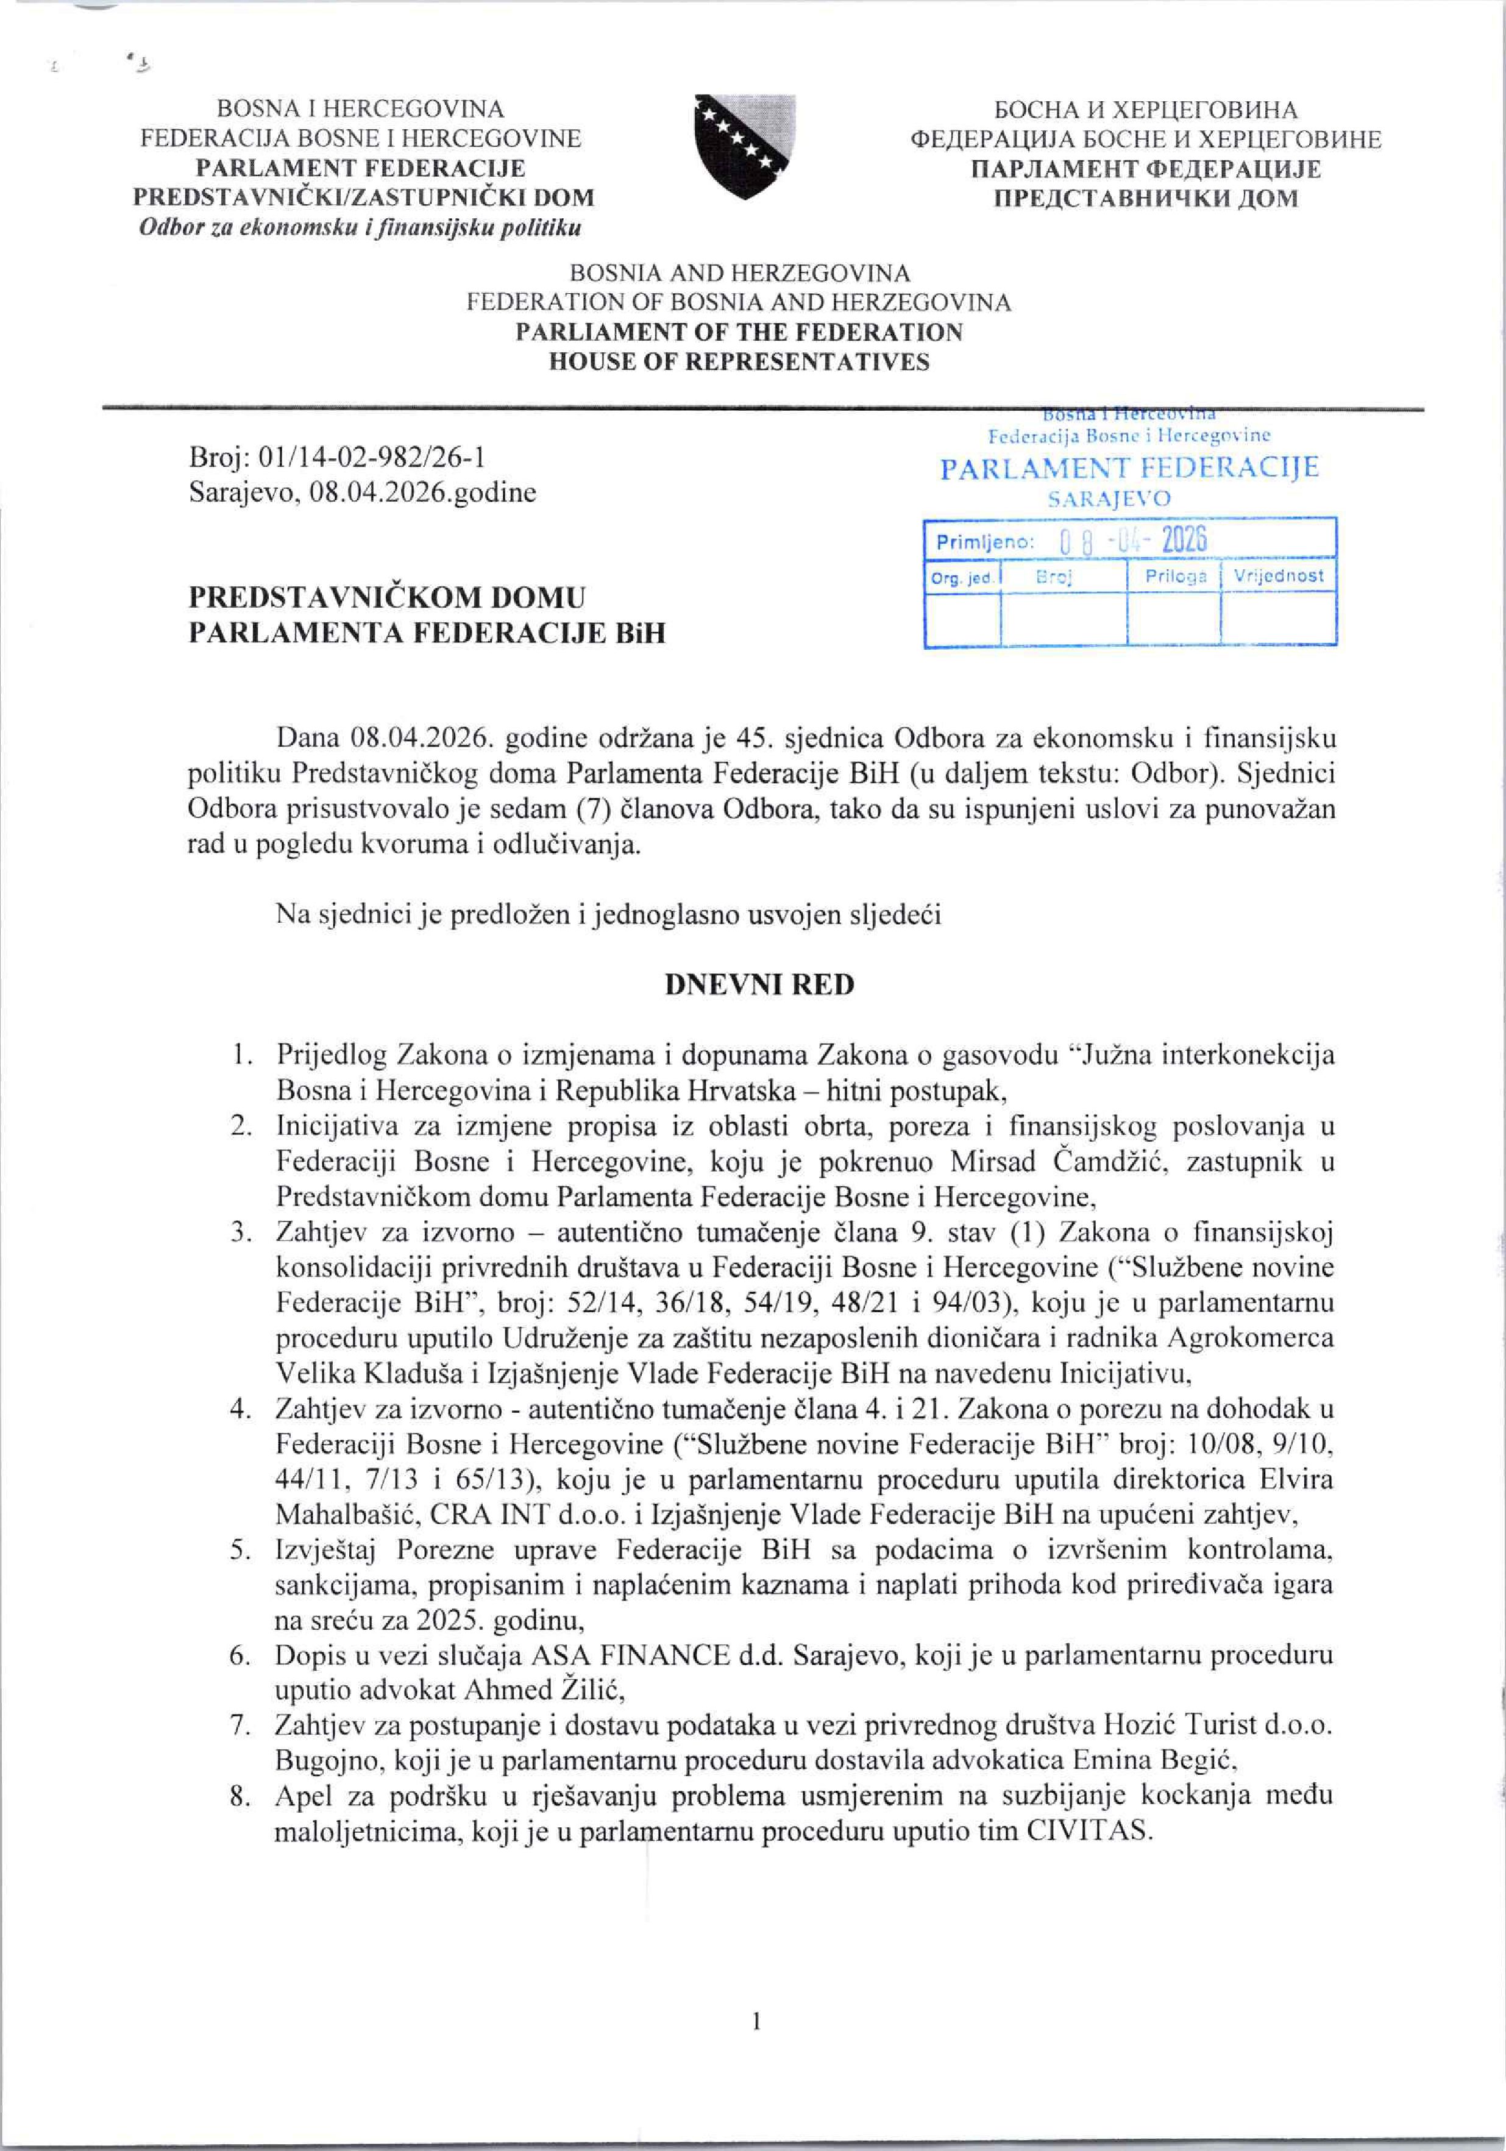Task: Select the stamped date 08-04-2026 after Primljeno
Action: pos(1132,541)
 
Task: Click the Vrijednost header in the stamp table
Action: pos(1279,575)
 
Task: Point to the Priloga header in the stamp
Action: pos(1176,576)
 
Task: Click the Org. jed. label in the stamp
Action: pos(962,578)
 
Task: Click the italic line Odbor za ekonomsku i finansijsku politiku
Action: pos(360,227)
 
